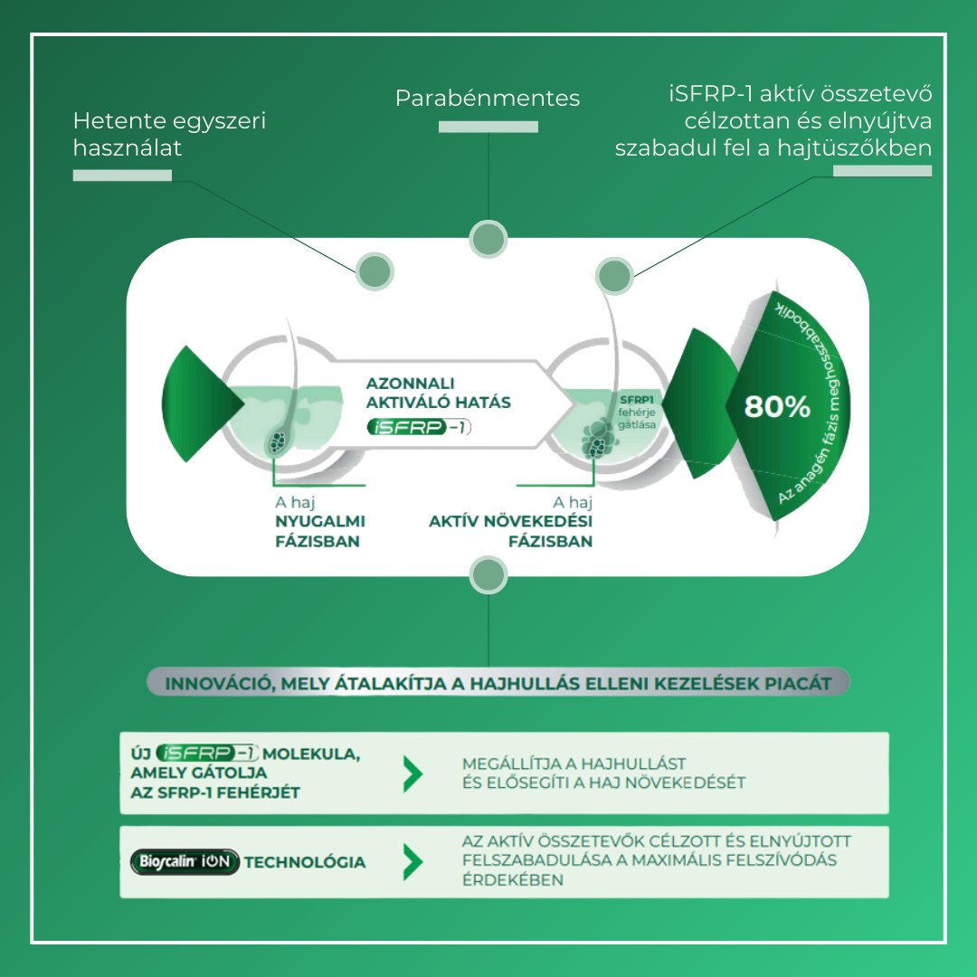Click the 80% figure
coord(777,407)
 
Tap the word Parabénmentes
coord(488,98)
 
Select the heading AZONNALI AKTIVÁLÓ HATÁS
coord(438,392)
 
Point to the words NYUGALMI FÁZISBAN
coord(320,532)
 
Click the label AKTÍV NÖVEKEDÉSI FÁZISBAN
coord(511,532)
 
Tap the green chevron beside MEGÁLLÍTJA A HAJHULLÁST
coord(413,773)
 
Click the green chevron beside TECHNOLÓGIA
coord(413,862)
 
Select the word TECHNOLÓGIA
coord(305,862)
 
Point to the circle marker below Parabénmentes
coord(488,238)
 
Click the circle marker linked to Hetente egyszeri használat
coord(373,270)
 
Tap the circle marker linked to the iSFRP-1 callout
coord(615,275)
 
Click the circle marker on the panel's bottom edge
coord(488,575)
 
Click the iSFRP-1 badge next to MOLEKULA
coord(207,753)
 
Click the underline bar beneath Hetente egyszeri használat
coord(122,175)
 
